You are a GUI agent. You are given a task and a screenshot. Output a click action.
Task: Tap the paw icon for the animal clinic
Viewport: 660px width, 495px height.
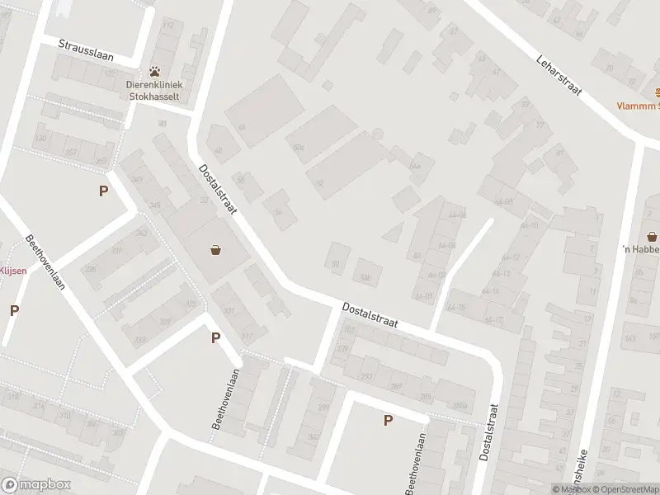click(x=154, y=72)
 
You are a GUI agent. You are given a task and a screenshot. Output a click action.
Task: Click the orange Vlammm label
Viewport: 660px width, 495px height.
click(x=640, y=106)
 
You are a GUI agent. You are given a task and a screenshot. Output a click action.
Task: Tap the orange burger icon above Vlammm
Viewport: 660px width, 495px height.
click(x=658, y=92)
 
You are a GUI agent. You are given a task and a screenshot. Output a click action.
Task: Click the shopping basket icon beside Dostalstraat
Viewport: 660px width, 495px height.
click(x=215, y=249)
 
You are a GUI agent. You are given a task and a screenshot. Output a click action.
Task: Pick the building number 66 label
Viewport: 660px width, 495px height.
click(x=242, y=127)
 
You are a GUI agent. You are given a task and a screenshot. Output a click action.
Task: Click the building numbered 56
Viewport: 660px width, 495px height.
click(x=278, y=211)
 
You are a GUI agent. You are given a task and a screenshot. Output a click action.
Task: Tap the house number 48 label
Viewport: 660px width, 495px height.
click(x=218, y=151)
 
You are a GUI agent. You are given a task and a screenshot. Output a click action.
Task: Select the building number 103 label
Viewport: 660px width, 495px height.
click(x=347, y=329)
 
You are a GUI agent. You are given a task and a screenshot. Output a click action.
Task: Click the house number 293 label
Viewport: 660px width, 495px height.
click(x=366, y=376)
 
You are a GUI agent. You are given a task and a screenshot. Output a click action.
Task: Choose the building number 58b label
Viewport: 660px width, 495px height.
click(x=365, y=278)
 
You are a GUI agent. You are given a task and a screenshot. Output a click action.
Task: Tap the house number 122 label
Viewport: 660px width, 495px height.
click(x=111, y=73)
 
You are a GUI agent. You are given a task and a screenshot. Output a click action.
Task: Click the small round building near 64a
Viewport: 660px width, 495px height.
click(x=378, y=134)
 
